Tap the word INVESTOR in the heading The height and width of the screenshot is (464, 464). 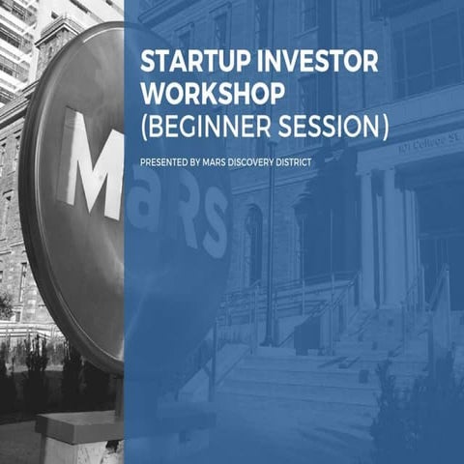[300, 60]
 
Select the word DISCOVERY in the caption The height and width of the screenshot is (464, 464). [258, 161]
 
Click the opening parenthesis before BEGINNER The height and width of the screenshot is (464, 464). [145, 127]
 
